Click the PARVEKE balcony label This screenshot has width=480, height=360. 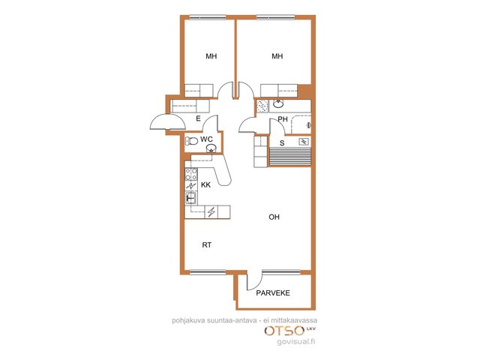tap(273, 293)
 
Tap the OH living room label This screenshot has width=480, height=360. tap(274, 217)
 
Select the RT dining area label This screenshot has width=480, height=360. tap(207, 245)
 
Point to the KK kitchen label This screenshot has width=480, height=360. tap(205, 185)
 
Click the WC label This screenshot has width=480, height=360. tap(206, 139)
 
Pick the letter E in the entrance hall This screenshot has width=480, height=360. tap(198, 118)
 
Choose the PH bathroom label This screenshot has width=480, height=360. tap(283, 118)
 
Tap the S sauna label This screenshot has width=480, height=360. tap(282, 143)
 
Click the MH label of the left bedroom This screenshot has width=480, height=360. tap(211, 56)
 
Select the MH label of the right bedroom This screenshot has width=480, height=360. tap(277, 56)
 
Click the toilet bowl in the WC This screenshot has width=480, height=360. tap(191, 141)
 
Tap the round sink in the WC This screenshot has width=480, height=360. tap(211, 148)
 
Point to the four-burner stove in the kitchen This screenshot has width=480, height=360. tap(191, 175)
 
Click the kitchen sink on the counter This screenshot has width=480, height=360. tap(191, 198)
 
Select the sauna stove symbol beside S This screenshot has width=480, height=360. tap(303, 142)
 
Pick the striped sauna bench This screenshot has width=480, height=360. tap(289, 157)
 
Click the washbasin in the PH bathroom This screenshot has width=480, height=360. tap(278, 104)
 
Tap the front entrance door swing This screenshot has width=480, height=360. tap(168, 121)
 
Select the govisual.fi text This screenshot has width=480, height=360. tap(295, 342)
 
